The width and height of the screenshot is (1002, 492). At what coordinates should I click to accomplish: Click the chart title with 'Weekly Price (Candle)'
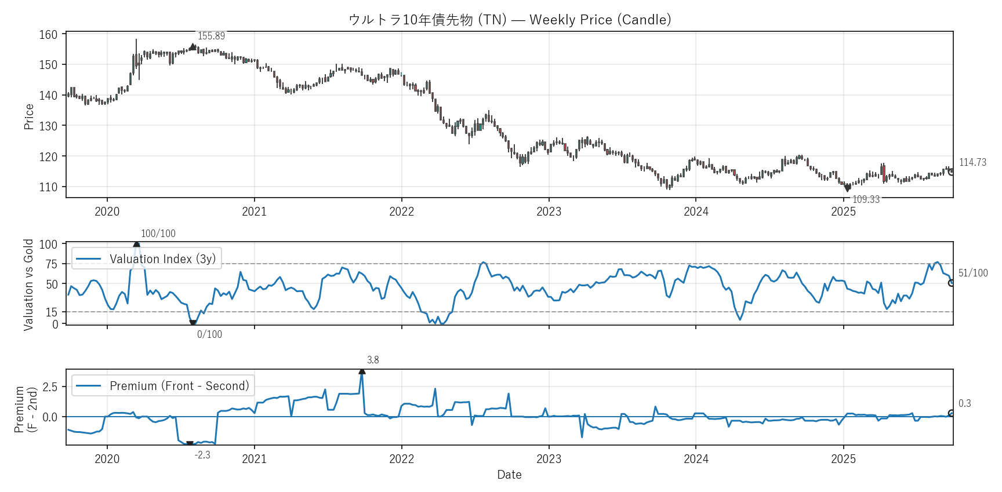(x=510, y=20)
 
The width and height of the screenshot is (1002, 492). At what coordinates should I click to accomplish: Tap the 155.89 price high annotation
(x=211, y=36)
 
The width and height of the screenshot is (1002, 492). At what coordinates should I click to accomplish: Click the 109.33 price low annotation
(x=866, y=199)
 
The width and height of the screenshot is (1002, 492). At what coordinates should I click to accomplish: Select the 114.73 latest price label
(x=972, y=162)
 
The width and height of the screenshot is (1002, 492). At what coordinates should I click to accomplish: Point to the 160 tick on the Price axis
(x=49, y=35)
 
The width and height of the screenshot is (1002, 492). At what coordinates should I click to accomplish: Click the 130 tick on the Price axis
(x=49, y=126)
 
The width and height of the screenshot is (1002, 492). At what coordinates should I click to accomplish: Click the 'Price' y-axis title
(x=29, y=116)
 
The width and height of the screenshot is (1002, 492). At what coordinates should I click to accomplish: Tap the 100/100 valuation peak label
(x=158, y=234)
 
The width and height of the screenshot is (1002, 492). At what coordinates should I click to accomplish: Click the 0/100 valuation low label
(x=209, y=334)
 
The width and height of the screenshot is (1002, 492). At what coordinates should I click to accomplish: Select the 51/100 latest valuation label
(x=973, y=273)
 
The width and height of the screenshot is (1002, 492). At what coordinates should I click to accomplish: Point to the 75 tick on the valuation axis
(x=52, y=264)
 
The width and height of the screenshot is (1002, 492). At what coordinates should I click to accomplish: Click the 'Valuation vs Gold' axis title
(x=28, y=285)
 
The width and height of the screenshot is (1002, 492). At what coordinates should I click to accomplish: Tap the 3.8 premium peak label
(x=373, y=360)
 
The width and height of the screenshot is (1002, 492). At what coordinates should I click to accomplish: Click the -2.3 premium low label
(x=202, y=455)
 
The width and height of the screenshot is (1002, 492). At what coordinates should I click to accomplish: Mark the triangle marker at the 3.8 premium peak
(x=362, y=371)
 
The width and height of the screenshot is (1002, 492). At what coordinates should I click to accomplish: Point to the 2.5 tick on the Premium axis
(x=50, y=387)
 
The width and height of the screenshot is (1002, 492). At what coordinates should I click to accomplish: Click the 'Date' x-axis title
(x=509, y=475)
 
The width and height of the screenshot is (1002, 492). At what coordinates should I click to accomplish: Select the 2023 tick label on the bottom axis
(x=549, y=459)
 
